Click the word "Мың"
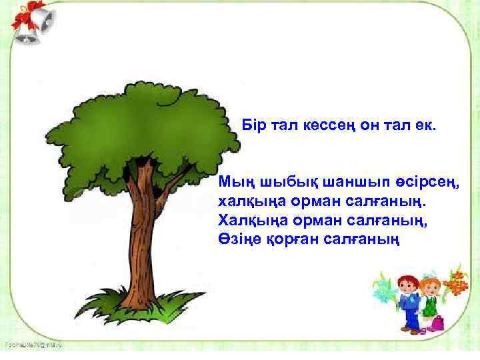(235, 181)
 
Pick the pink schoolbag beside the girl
(437, 323)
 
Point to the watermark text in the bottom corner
(33, 345)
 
